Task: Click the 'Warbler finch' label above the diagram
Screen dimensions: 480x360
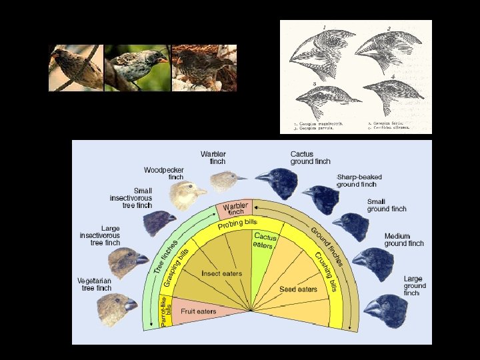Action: click(x=213, y=157)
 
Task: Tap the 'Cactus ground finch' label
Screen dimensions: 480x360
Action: click(x=310, y=157)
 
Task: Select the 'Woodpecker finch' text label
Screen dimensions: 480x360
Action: click(x=163, y=173)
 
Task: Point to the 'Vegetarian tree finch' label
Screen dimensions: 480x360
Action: click(x=95, y=284)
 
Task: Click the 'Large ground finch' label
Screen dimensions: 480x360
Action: click(x=414, y=285)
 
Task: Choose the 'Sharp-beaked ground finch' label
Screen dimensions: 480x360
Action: click(x=360, y=180)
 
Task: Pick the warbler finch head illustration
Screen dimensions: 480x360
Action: click(x=226, y=181)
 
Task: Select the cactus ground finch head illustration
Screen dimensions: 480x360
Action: click(x=276, y=182)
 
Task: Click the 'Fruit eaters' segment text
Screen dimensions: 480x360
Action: click(x=198, y=311)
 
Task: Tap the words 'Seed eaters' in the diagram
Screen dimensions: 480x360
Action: click(x=298, y=289)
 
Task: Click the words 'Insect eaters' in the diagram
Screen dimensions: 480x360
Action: click(x=222, y=273)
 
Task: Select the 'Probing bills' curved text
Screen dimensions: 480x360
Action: click(x=237, y=224)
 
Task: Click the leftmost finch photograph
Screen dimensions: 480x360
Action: click(x=75, y=68)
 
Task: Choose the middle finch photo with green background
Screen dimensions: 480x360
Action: click(x=137, y=68)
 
